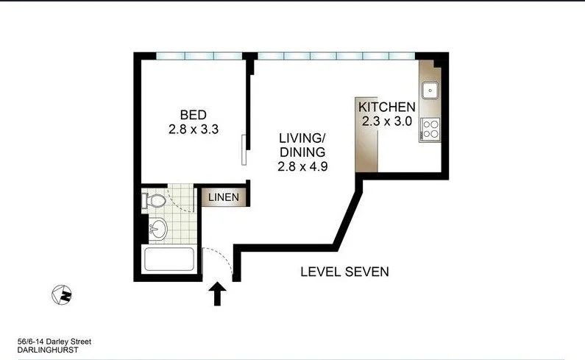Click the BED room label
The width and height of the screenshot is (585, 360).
click(194, 115)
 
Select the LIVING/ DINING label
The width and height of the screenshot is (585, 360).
click(302, 145)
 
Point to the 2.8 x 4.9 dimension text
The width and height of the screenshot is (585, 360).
click(302, 166)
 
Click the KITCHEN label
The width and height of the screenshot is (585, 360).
click(386, 107)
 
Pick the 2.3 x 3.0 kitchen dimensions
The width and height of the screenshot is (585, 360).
click(386, 121)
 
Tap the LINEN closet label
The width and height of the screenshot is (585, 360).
click(222, 197)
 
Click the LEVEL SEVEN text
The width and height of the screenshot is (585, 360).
click(344, 272)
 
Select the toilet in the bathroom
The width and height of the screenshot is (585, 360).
click(153, 200)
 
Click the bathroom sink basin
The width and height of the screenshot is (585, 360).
click(157, 230)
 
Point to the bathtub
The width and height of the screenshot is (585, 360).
click(169, 261)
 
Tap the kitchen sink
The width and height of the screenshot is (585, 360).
click(430, 91)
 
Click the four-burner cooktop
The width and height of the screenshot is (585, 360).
click(430, 130)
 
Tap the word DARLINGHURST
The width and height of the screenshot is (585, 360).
click(47, 350)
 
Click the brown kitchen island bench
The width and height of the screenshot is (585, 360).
click(366, 135)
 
